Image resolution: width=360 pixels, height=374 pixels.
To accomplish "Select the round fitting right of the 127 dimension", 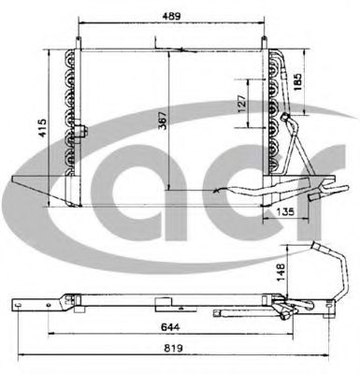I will pos(281,116).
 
